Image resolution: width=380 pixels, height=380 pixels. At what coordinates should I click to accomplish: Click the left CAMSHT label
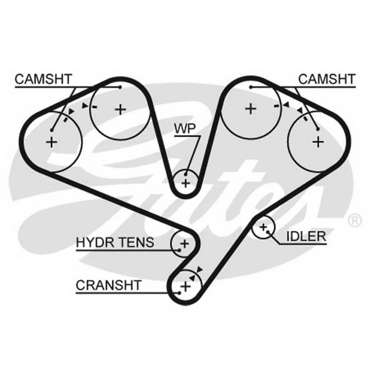[x=43, y=79]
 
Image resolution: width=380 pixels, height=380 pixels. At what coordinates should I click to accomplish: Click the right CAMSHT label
[x=327, y=79]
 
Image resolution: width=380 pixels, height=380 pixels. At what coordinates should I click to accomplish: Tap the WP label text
[x=185, y=129]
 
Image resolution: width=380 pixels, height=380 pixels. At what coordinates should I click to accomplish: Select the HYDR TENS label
[x=115, y=242]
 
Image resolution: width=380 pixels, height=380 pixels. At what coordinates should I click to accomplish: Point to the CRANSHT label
[x=109, y=285]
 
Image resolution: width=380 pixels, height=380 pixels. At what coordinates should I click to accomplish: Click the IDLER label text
[x=306, y=236]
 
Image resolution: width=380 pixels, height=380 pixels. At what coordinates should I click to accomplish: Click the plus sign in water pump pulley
[x=186, y=184]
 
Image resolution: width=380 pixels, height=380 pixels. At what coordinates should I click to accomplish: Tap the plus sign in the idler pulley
[x=263, y=227]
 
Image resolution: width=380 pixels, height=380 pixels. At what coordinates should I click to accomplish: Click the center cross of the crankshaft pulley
[x=186, y=287]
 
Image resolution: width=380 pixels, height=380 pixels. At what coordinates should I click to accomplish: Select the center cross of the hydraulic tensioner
[x=185, y=243]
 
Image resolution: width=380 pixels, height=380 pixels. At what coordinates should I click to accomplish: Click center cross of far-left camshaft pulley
[x=51, y=142]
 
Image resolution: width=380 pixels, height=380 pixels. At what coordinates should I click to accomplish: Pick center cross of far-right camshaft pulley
[x=318, y=142]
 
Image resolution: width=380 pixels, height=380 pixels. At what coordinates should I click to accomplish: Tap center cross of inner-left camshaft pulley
[x=120, y=109]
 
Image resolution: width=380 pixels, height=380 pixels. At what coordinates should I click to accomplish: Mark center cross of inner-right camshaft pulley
[x=250, y=109]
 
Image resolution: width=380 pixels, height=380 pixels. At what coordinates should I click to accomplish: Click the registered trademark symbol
[x=355, y=220]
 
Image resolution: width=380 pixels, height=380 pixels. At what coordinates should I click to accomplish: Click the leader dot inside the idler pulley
[x=268, y=232]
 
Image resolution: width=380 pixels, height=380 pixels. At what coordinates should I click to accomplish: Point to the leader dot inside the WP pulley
[x=186, y=174]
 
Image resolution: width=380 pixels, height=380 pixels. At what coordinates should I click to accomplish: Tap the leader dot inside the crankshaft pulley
[x=179, y=293]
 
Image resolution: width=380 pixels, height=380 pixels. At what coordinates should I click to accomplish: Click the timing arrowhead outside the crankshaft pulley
[x=199, y=269]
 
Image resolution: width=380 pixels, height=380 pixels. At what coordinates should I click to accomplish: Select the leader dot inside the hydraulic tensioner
[x=179, y=250]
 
